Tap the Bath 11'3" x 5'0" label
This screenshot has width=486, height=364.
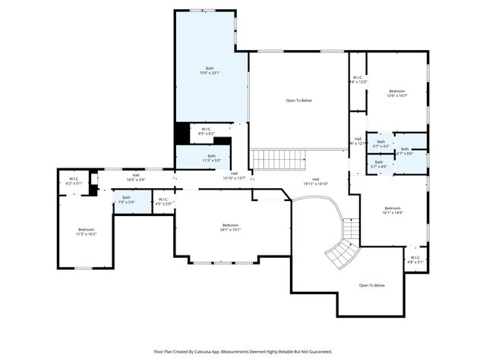(211, 158)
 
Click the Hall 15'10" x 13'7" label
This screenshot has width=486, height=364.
(235, 176)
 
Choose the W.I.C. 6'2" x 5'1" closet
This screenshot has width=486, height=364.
(73, 182)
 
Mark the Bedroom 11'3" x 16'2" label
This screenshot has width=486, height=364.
(87, 231)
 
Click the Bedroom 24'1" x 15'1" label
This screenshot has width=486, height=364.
(230, 227)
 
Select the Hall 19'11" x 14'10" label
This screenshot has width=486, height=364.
(315, 181)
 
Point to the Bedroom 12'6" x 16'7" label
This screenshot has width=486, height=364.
(397, 93)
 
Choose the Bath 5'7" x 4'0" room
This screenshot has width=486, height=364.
(378, 164)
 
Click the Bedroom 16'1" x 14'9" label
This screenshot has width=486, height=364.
(393, 211)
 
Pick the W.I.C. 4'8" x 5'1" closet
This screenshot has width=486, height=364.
(415, 259)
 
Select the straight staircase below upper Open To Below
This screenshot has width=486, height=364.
(278, 159)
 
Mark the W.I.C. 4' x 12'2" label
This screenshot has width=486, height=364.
(358, 79)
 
